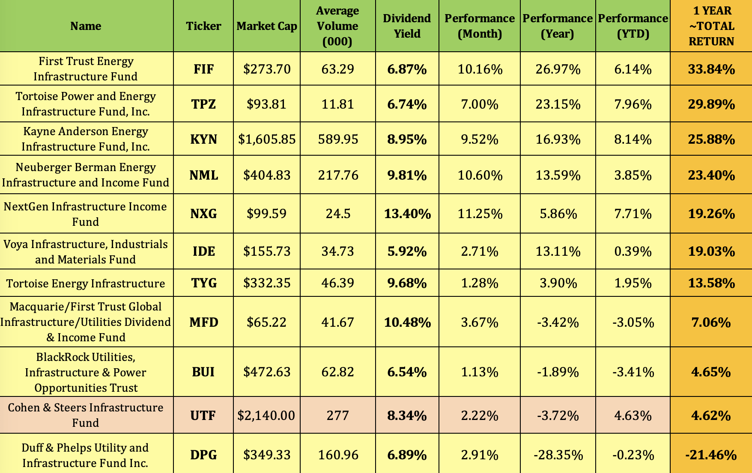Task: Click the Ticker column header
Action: pos(203,26)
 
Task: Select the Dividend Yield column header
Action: pos(407,26)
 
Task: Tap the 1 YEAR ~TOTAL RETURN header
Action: pos(711,26)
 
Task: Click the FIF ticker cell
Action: pos(203,69)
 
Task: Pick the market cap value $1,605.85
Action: pos(267,139)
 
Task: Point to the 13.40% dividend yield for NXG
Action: pos(407,214)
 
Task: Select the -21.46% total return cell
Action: pos(711,455)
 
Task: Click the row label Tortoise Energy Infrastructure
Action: pos(86,284)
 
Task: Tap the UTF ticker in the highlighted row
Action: pos(203,416)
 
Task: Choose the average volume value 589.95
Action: pos(338,139)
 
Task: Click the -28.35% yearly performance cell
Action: pos(558,455)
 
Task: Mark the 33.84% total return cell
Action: pos(711,69)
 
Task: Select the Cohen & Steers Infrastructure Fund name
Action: pos(86,415)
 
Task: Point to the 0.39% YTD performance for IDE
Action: pos(633,251)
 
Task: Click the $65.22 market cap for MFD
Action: pos(267,322)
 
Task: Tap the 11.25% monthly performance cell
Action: pos(480,214)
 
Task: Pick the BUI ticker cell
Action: pos(203,372)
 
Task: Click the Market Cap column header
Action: pos(267,26)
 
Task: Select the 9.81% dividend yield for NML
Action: pos(407,175)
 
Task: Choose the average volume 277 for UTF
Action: pos(338,416)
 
